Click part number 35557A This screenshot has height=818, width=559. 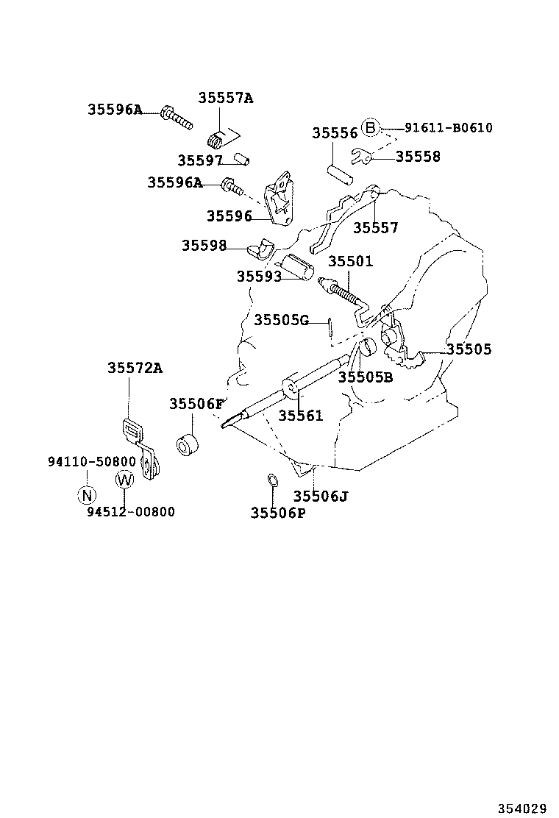(225, 99)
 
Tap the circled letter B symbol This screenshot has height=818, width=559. (371, 128)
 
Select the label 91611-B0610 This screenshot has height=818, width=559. (448, 128)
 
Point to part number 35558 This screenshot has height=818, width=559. (418, 157)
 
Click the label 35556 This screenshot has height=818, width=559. (335, 133)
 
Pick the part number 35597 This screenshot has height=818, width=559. (199, 160)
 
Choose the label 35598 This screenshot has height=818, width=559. (204, 246)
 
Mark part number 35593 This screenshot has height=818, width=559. (259, 277)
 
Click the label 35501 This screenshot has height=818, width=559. (350, 261)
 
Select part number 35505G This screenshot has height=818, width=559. (282, 320)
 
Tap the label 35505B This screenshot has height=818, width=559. (366, 377)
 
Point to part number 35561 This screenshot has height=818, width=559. (300, 416)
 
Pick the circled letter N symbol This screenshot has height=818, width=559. (87, 494)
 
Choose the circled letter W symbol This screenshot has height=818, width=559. (124, 480)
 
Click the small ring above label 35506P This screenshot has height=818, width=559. (271, 481)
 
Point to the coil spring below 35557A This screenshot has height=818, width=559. (217, 138)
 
